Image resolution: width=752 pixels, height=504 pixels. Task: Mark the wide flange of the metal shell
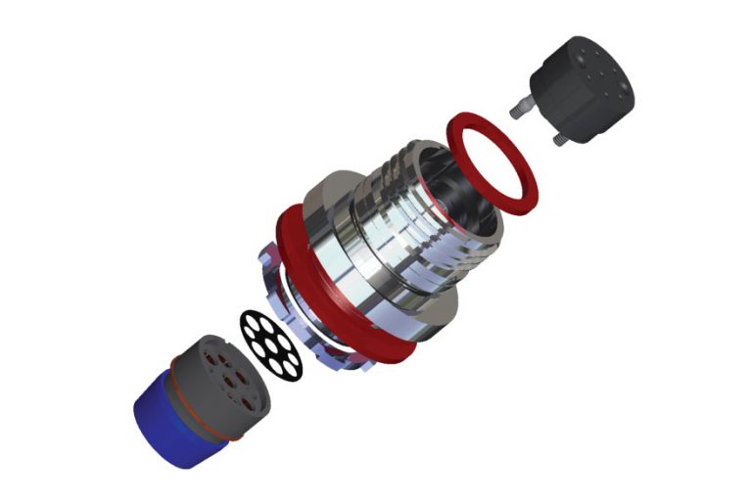333,196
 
